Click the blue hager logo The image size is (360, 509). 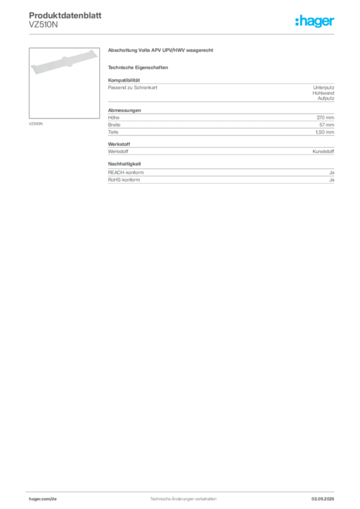(x=316, y=22)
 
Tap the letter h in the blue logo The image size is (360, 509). (x=298, y=22)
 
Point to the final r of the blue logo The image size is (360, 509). (x=334, y=23)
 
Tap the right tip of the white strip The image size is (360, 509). (x=95, y=52)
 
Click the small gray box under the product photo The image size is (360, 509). (x=36, y=123)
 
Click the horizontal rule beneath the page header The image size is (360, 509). (x=183, y=34)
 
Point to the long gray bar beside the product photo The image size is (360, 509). (x=161, y=52)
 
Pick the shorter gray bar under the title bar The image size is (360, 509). (x=139, y=68)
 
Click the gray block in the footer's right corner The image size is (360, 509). (x=327, y=496)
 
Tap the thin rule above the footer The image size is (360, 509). (x=183, y=490)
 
